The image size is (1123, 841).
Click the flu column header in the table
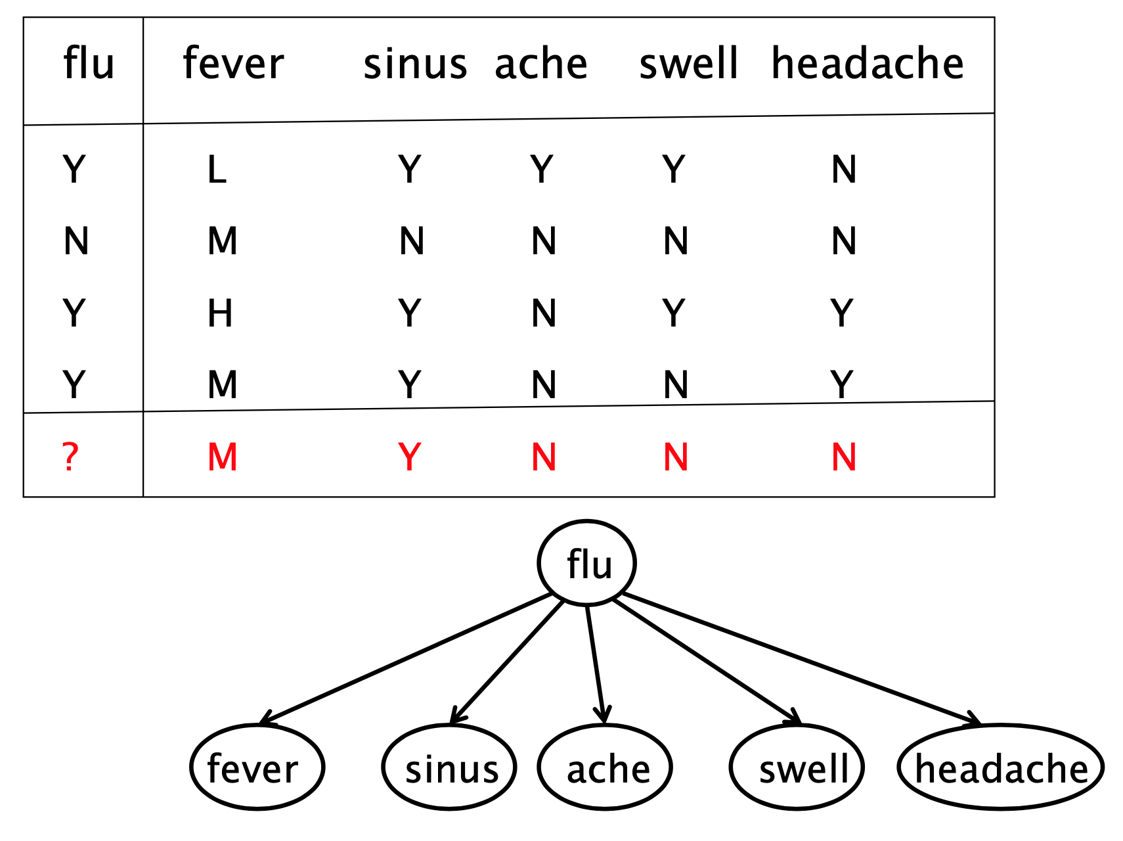[89, 64]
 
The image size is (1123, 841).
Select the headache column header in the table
[867, 64]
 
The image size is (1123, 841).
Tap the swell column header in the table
[688, 64]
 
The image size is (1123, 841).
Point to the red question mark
[70, 457]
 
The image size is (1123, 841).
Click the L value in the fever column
[217, 170]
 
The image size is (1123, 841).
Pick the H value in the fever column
[220, 313]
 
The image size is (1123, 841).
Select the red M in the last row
[223, 457]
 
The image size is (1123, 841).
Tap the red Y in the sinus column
[409, 457]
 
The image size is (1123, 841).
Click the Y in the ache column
[542, 170]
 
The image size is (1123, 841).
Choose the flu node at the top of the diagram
[587, 563]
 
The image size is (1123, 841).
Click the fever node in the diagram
[257, 767]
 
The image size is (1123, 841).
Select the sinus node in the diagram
[450, 767]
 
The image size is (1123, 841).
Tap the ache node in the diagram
[605, 767]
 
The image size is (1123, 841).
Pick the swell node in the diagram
[797, 767]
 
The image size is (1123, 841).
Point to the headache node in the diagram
[1000, 767]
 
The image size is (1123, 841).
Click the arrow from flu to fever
[407, 658]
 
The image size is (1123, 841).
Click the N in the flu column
[76, 241]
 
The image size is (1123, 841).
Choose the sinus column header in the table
[415, 64]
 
